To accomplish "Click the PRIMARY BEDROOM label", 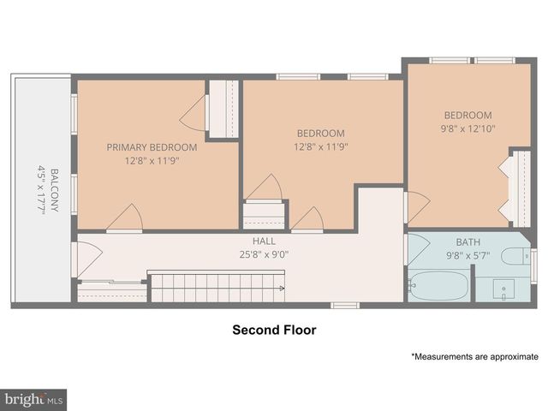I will click(x=152, y=147).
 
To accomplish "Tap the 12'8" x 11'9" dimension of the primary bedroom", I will click(x=152, y=160).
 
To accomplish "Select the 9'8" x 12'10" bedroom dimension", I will click(x=468, y=128).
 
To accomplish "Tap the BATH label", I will click(x=468, y=242).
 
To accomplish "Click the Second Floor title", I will click(x=274, y=330).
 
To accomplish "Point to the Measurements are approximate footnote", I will click(x=474, y=356).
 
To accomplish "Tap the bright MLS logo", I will click(x=33, y=399).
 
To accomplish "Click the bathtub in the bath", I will click(x=438, y=285).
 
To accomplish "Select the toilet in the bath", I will click(x=516, y=255).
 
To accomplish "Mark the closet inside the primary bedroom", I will click(x=223, y=108).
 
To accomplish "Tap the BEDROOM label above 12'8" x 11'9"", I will click(x=321, y=134).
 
